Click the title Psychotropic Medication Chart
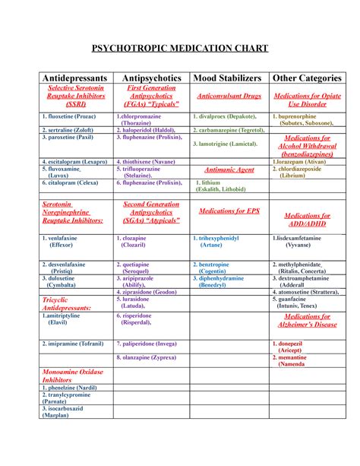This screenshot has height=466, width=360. click(x=180, y=49)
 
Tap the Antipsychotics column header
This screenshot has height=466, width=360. click(x=150, y=78)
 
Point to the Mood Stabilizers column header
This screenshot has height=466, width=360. click(x=227, y=78)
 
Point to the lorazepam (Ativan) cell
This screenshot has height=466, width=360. click(x=302, y=162)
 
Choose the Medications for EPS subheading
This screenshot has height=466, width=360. click(x=229, y=211)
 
